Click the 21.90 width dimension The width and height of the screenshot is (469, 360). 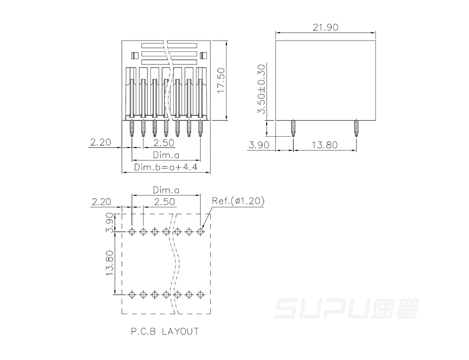click(x=325, y=27)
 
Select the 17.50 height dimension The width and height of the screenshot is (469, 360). click(x=221, y=80)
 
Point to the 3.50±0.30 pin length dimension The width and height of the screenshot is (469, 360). click(x=261, y=89)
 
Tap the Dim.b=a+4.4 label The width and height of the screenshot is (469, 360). click(x=166, y=167)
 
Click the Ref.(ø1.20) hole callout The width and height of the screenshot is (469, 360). click(x=238, y=200)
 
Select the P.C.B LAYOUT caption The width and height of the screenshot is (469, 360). click(x=165, y=331)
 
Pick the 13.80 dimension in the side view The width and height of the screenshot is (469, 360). click(x=324, y=145)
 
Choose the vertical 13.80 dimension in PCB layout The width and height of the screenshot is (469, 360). click(x=109, y=263)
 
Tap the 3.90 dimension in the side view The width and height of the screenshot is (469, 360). click(x=259, y=145)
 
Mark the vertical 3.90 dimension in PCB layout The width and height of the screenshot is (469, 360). click(x=109, y=223)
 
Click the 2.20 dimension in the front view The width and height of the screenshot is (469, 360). click(x=101, y=142)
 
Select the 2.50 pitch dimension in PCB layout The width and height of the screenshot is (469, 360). click(x=164, y=201)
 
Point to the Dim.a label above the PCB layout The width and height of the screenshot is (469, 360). click(x=166, y=190)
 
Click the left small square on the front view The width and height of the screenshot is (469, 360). click(x=134, y=56)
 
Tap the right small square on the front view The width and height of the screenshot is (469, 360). click(x=203, y=56)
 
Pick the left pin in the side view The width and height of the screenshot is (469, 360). click(x=293, y=128)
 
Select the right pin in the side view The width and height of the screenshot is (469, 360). click(x=356, y=128)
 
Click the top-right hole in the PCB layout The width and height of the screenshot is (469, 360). click(x=200, y=232)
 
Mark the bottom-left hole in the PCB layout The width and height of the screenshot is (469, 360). click(x=132, y=295)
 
